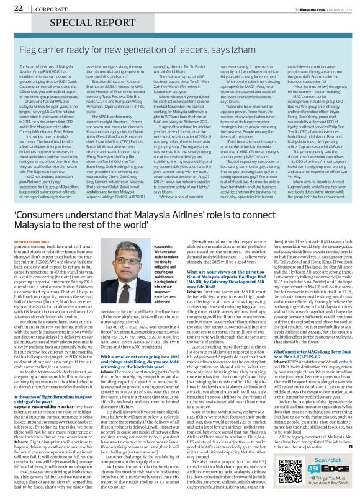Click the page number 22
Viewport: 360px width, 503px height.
(x=19, y=7)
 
